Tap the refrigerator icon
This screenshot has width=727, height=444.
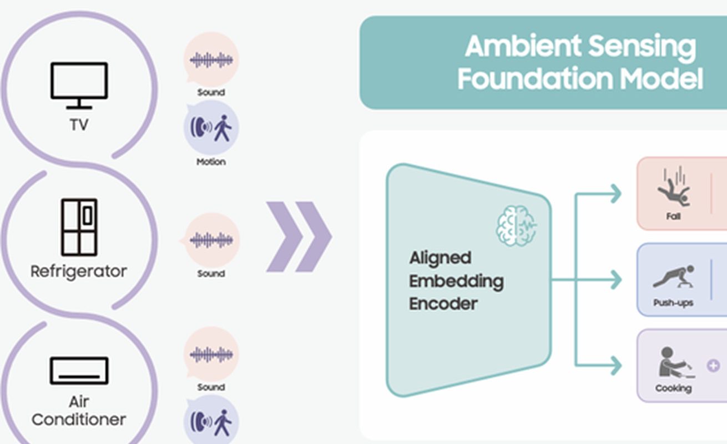tap(79, 227)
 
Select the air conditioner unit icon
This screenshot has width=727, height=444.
tap(79, 371)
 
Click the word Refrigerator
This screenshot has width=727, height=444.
tap(79, 271)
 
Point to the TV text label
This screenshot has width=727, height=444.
tap(79, 125)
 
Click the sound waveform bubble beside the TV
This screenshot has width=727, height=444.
tap(211, 59)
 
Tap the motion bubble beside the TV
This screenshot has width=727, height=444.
tap(211, 128)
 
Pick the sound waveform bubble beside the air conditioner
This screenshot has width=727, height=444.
tap(211, 354)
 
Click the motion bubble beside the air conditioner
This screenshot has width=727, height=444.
tap(211, 421)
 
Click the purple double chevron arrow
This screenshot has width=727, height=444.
tap(299, 236)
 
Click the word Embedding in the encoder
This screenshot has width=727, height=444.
tap(456, 281)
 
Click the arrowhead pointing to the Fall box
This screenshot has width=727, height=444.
tap(615, 194)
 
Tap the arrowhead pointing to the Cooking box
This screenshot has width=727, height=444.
tap(615, 366)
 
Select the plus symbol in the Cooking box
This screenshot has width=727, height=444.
tap(713, 366)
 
